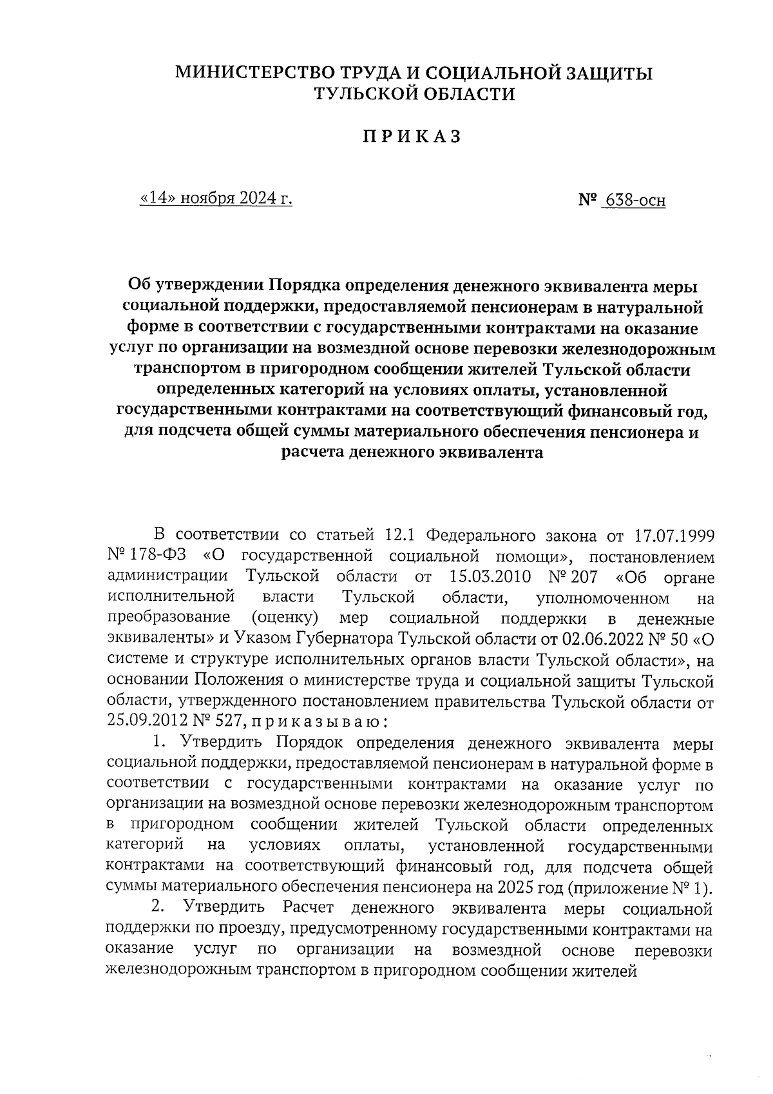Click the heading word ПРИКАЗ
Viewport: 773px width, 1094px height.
(412, 137)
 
